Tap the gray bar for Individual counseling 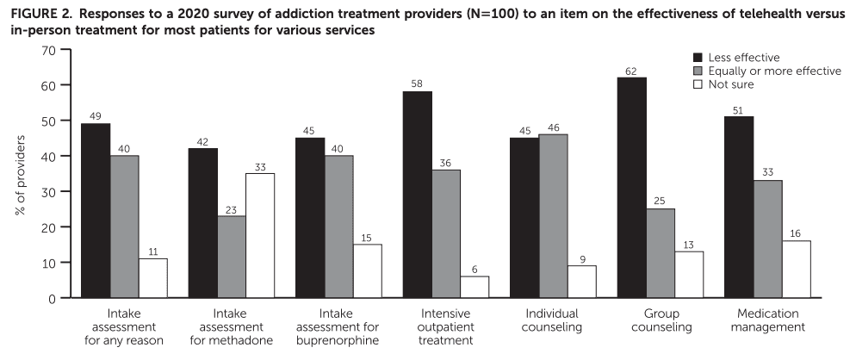(x=553, y=216)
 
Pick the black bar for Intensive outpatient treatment (x=419, y=195)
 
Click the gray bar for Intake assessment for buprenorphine (x=338, y=227)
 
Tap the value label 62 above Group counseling (x=631, y=71)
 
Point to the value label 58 (x=418, y=84)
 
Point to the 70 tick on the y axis (x=48, y=50)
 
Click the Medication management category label (x=766, y=321)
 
